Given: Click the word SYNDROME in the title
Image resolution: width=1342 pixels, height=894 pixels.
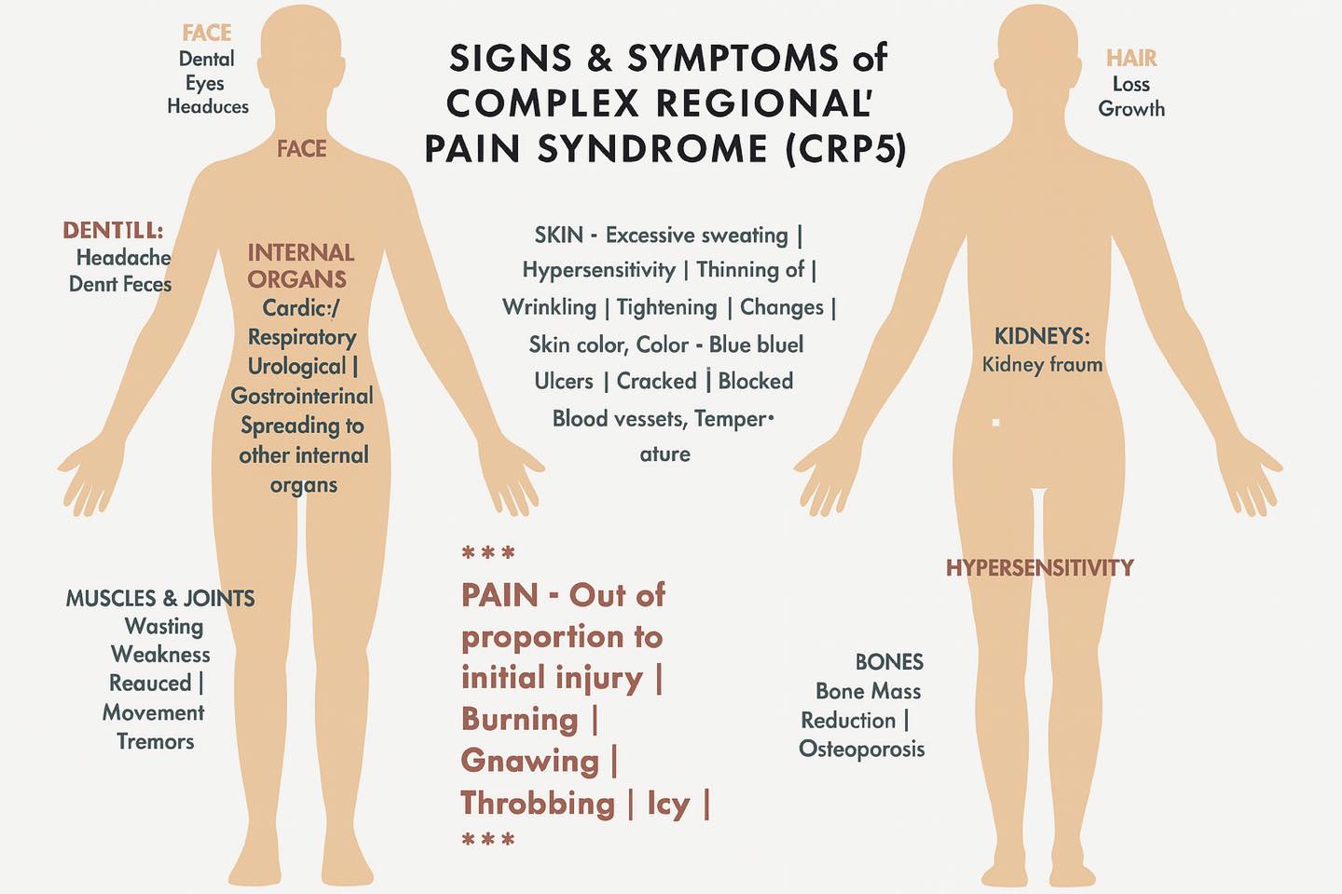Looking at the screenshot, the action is click(x=652, y=148).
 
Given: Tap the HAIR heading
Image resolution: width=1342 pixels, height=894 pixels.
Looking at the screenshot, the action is click(x=1131, y=58).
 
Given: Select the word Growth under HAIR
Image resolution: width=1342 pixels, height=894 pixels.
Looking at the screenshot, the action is click(x=1131, y=109).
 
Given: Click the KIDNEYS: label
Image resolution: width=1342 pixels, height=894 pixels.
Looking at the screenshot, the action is click(x=1042, y=336).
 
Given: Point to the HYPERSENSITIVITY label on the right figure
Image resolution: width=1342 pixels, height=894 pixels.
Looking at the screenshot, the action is click(x=1039, y=568).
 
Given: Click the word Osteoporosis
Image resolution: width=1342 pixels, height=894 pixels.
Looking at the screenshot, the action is click(x=861, y=749).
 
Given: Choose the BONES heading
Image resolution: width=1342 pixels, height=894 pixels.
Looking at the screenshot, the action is click(x=889, y=662).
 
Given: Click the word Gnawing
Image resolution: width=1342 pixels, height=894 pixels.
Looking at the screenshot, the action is click(x=529, y=761).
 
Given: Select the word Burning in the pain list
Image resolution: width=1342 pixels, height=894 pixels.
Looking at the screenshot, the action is click(x=519, y=719).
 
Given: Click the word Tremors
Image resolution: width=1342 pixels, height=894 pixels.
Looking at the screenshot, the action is click(x=155, y=742).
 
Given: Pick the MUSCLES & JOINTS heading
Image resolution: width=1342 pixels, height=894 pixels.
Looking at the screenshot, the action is click(x=160, y=598).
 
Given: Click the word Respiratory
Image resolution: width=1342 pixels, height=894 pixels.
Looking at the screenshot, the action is click(x=302, y=337).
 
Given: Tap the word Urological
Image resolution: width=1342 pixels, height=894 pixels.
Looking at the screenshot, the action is click(x=296, y=367).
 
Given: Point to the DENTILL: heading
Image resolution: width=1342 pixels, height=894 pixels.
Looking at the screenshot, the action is click(x=113, y=230).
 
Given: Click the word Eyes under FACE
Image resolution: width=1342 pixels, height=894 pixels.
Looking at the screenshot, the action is click(x=204, y=84).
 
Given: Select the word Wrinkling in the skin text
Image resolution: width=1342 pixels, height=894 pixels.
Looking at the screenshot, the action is click(x=550, y=308).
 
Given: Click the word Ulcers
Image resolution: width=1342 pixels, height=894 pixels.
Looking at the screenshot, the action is click(x=564, y=381).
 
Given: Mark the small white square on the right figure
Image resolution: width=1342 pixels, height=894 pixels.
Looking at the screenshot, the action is click(x=995, y=422).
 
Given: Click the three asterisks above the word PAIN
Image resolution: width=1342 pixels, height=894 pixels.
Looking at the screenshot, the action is click(x=488, y=552).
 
